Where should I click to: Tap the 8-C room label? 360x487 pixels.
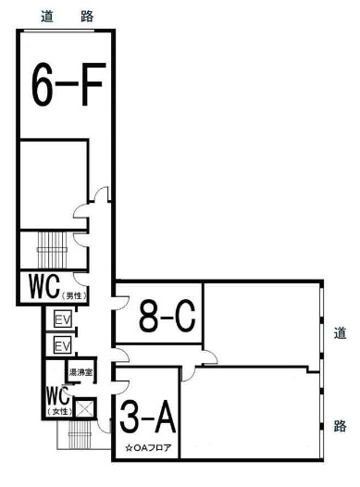click(167, 316)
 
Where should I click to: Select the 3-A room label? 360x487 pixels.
click(148, 418)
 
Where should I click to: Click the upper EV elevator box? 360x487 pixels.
click(63, 318)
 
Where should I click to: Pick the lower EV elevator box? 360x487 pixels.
click(63, 344)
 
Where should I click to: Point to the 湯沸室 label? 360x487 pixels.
click(81, 372)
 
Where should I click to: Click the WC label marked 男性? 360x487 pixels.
click(57, 288)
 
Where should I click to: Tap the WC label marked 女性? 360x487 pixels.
click(59, 401)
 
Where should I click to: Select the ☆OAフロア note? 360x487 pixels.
click(148, 448)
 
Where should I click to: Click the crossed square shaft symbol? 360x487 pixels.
click(85, 408)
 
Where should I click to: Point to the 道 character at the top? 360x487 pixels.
click(47, 16)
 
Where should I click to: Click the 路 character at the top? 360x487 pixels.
click(87, 16)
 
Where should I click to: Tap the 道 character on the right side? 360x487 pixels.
click(340, 333)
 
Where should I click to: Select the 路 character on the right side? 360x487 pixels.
click(340, 426)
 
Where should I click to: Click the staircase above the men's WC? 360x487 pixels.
click(52, 250)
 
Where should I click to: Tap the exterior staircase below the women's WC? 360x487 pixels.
click(81, 435)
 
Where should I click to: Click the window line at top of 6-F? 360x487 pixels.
click(59, 31)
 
